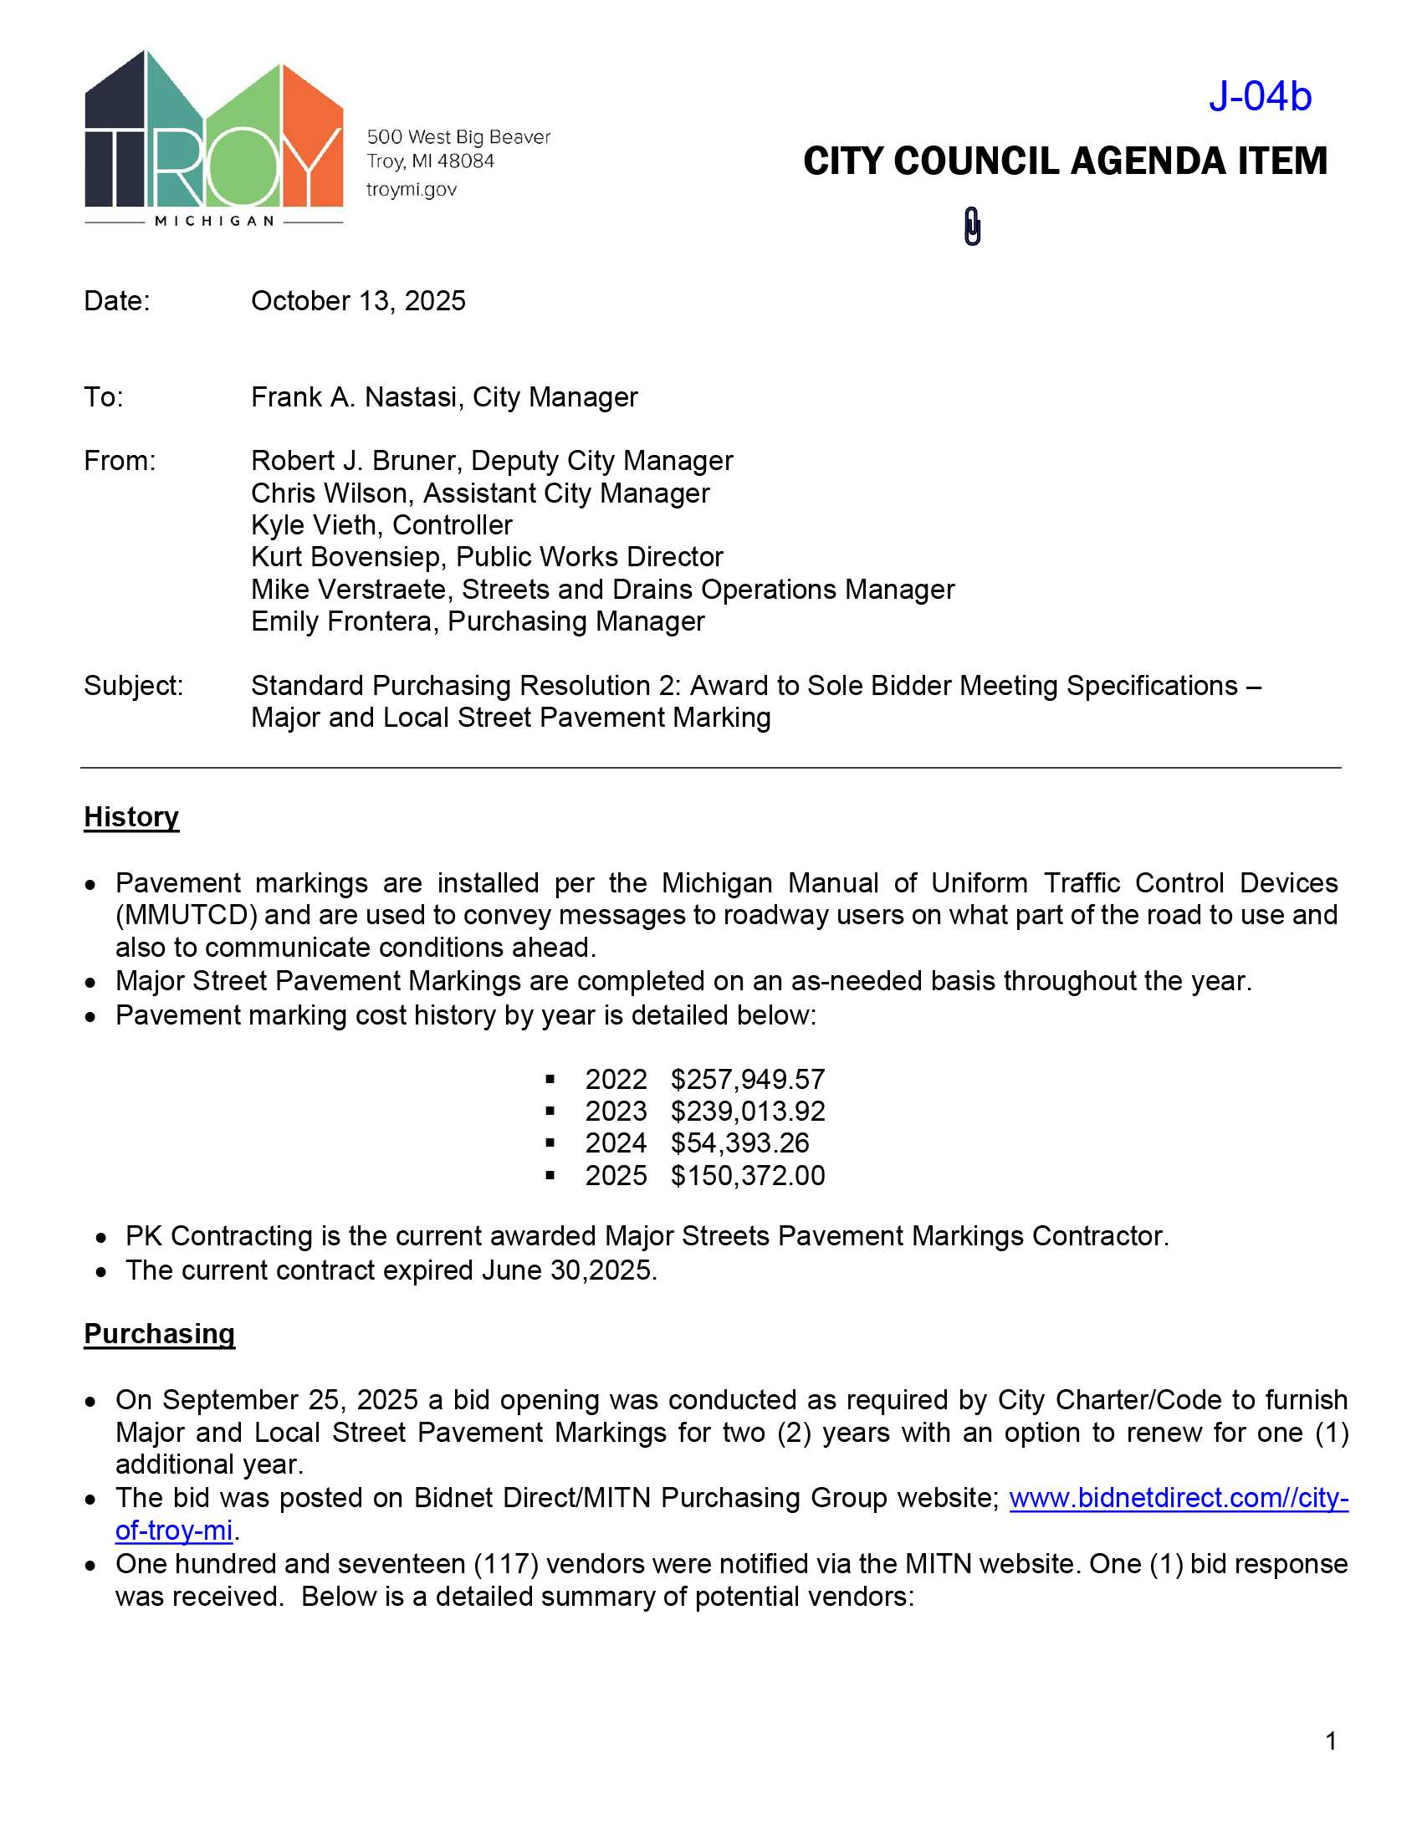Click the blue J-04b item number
coord(1260,96)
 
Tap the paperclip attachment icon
coord(972,227)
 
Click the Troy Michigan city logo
coord(214,139)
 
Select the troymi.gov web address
coord(411,190)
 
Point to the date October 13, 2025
coord(358,301)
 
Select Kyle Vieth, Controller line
coord(381,525)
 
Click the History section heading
coord(131,816)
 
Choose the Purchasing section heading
coord(159,1334)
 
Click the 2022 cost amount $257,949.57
coord(747,1079)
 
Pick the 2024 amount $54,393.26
coord(739,1143)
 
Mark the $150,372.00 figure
coord(747,1175)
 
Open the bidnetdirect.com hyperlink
coord(1178,1497)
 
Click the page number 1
coord(1331,1740)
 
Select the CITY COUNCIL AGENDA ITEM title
coord(1065,161)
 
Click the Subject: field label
coord(133,686)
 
